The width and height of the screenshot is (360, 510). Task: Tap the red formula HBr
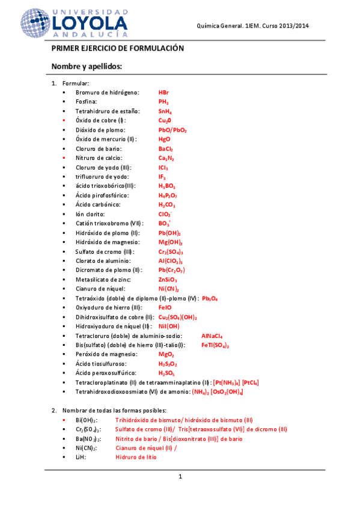(x=163, y=93)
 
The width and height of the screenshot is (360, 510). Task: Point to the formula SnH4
(x=165, y=111)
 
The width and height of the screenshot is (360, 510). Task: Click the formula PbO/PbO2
(x=172, y=130)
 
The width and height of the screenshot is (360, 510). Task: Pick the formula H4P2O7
(x=168, y=195)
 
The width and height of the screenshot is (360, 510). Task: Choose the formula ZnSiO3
(x=168, y=280)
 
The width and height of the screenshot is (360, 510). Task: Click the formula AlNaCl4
(x=212, y=336)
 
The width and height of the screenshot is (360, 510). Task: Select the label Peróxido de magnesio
(x=104, y=354)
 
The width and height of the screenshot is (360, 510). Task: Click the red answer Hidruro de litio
(x=136, y=457)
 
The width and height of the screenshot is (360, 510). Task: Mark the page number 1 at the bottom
(x=180, y=477)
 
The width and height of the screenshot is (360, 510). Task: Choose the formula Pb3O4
(x=210, y=298)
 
